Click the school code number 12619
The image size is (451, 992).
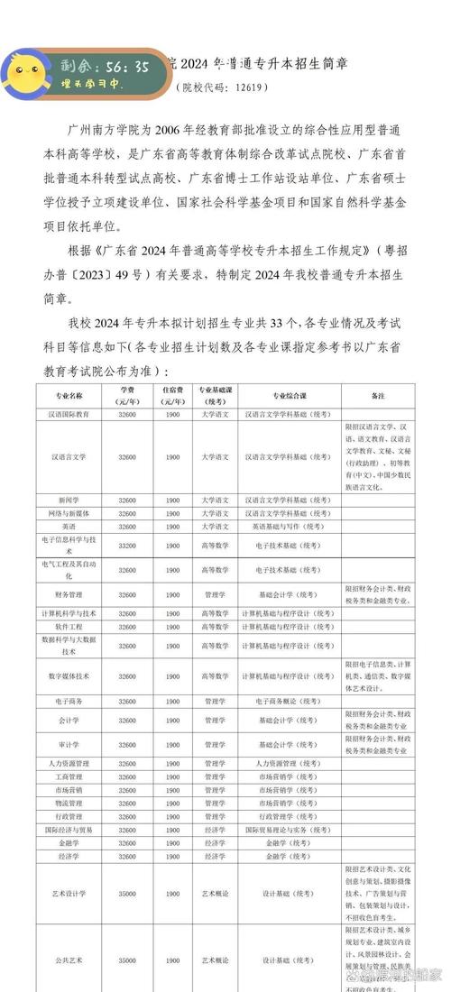(x=249, y=87)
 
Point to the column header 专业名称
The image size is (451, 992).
(x=69, y=395)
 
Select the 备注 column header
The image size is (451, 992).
(x=377, y=395)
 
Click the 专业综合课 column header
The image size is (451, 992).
(x=290, y=395)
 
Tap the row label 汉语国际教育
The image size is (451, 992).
(x=69, y=414)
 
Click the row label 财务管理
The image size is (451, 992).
(x=69, y=595)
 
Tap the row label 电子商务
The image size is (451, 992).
(x=69, y=700)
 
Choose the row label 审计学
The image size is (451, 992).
(x=69, y=744)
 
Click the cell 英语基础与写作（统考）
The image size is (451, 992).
(x=290, y=526)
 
